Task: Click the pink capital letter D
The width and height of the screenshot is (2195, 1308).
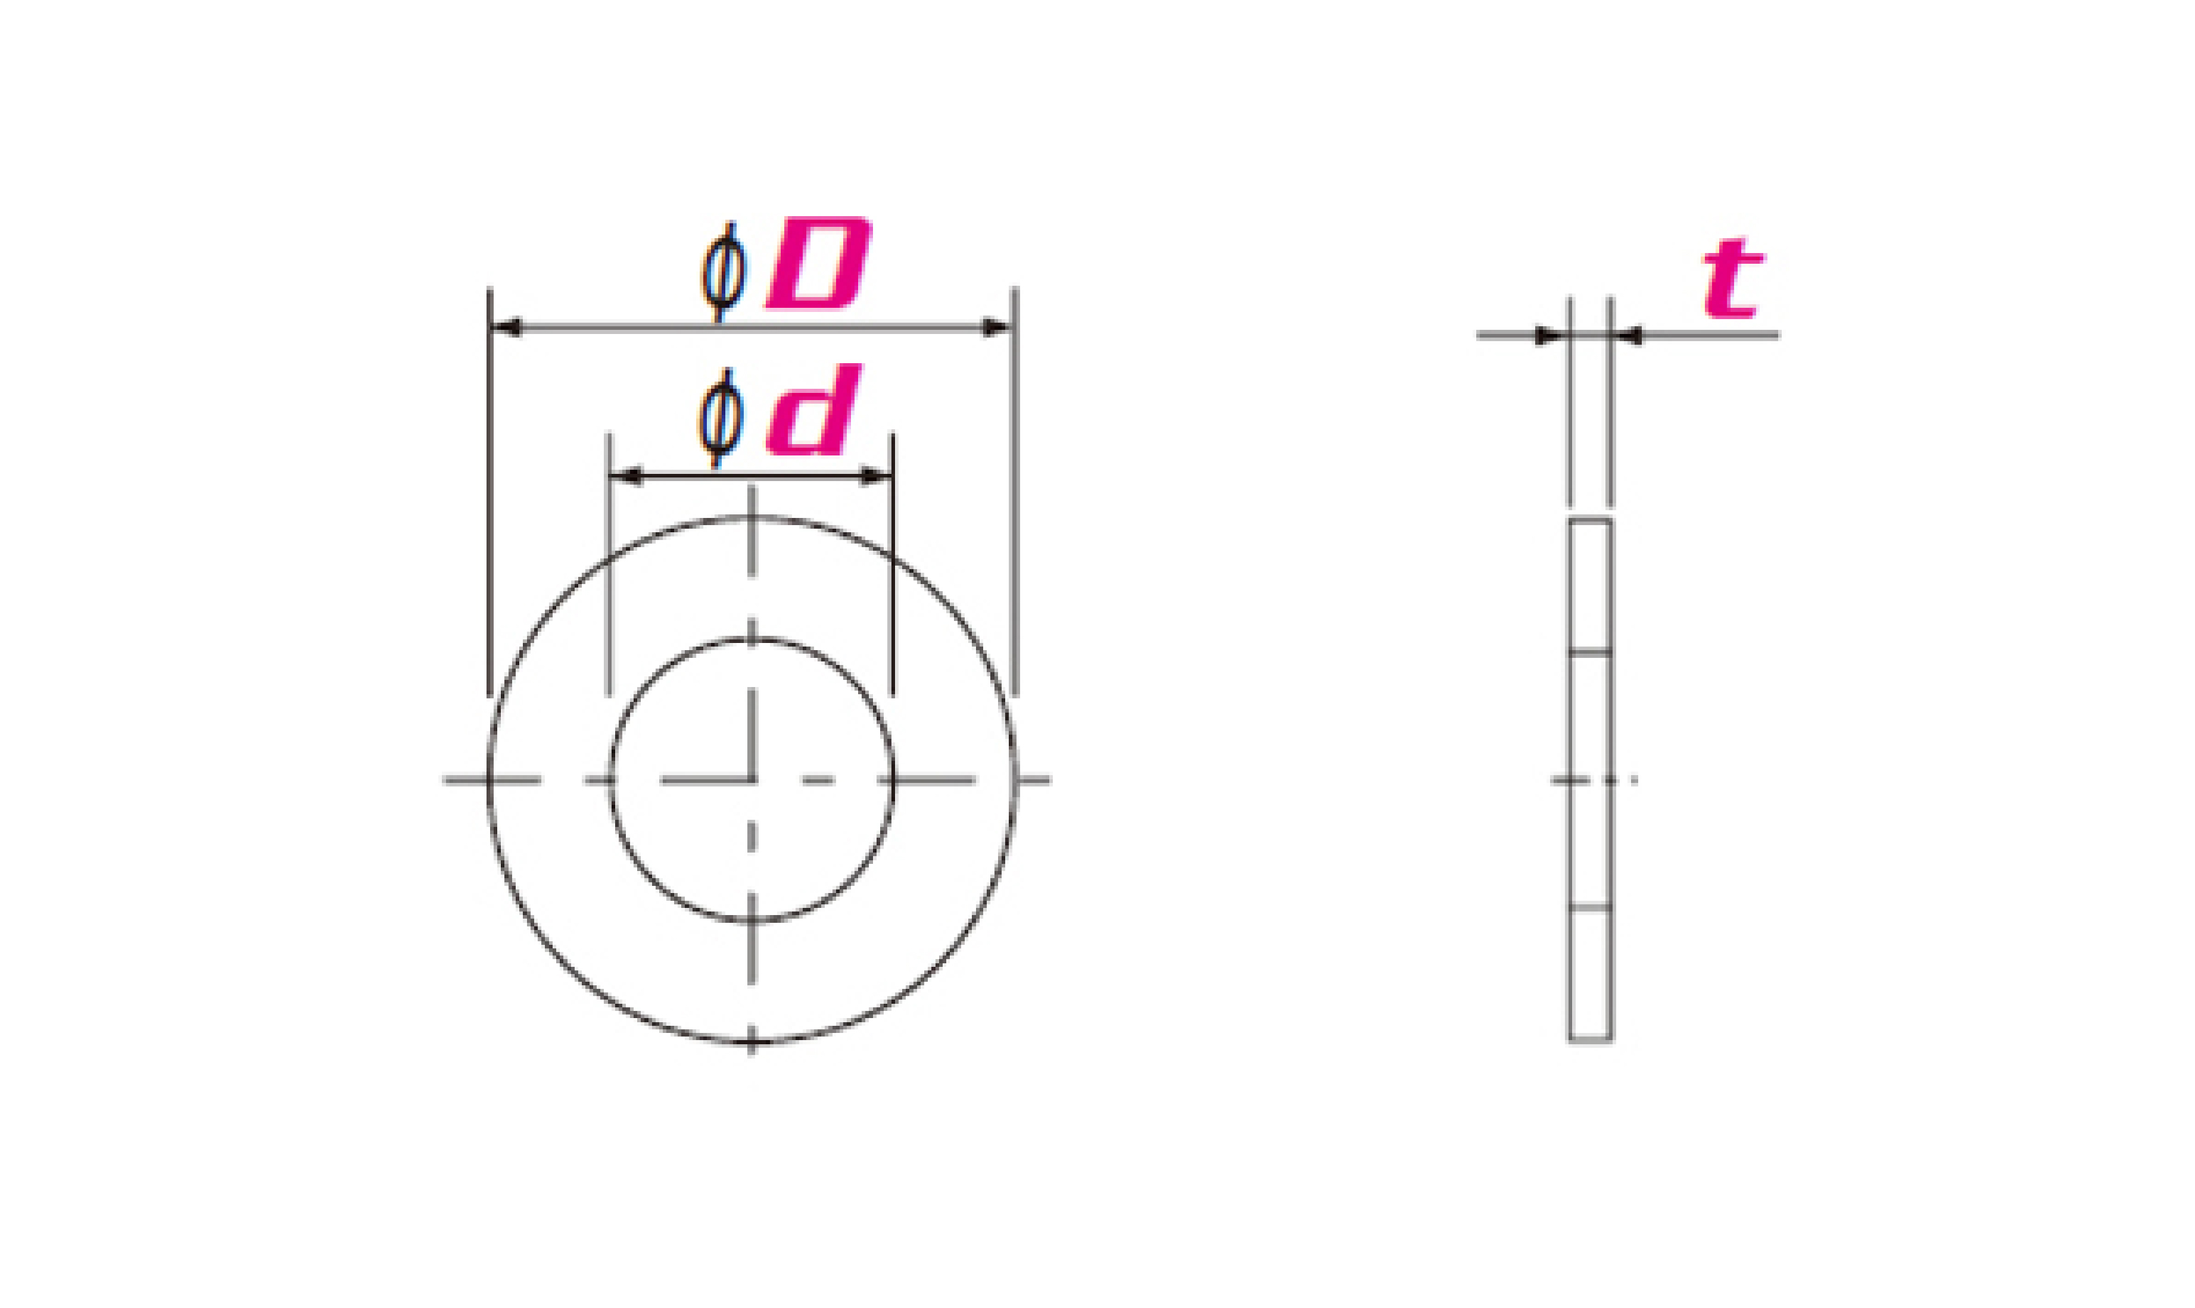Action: click(x=819, y=264)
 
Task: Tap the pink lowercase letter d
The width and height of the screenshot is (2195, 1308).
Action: click(x=813, y=411)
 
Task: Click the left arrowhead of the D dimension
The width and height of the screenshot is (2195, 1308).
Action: click(x=506, y=328)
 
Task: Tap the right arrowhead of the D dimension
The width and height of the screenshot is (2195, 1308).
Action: click(x=997, y=328)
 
